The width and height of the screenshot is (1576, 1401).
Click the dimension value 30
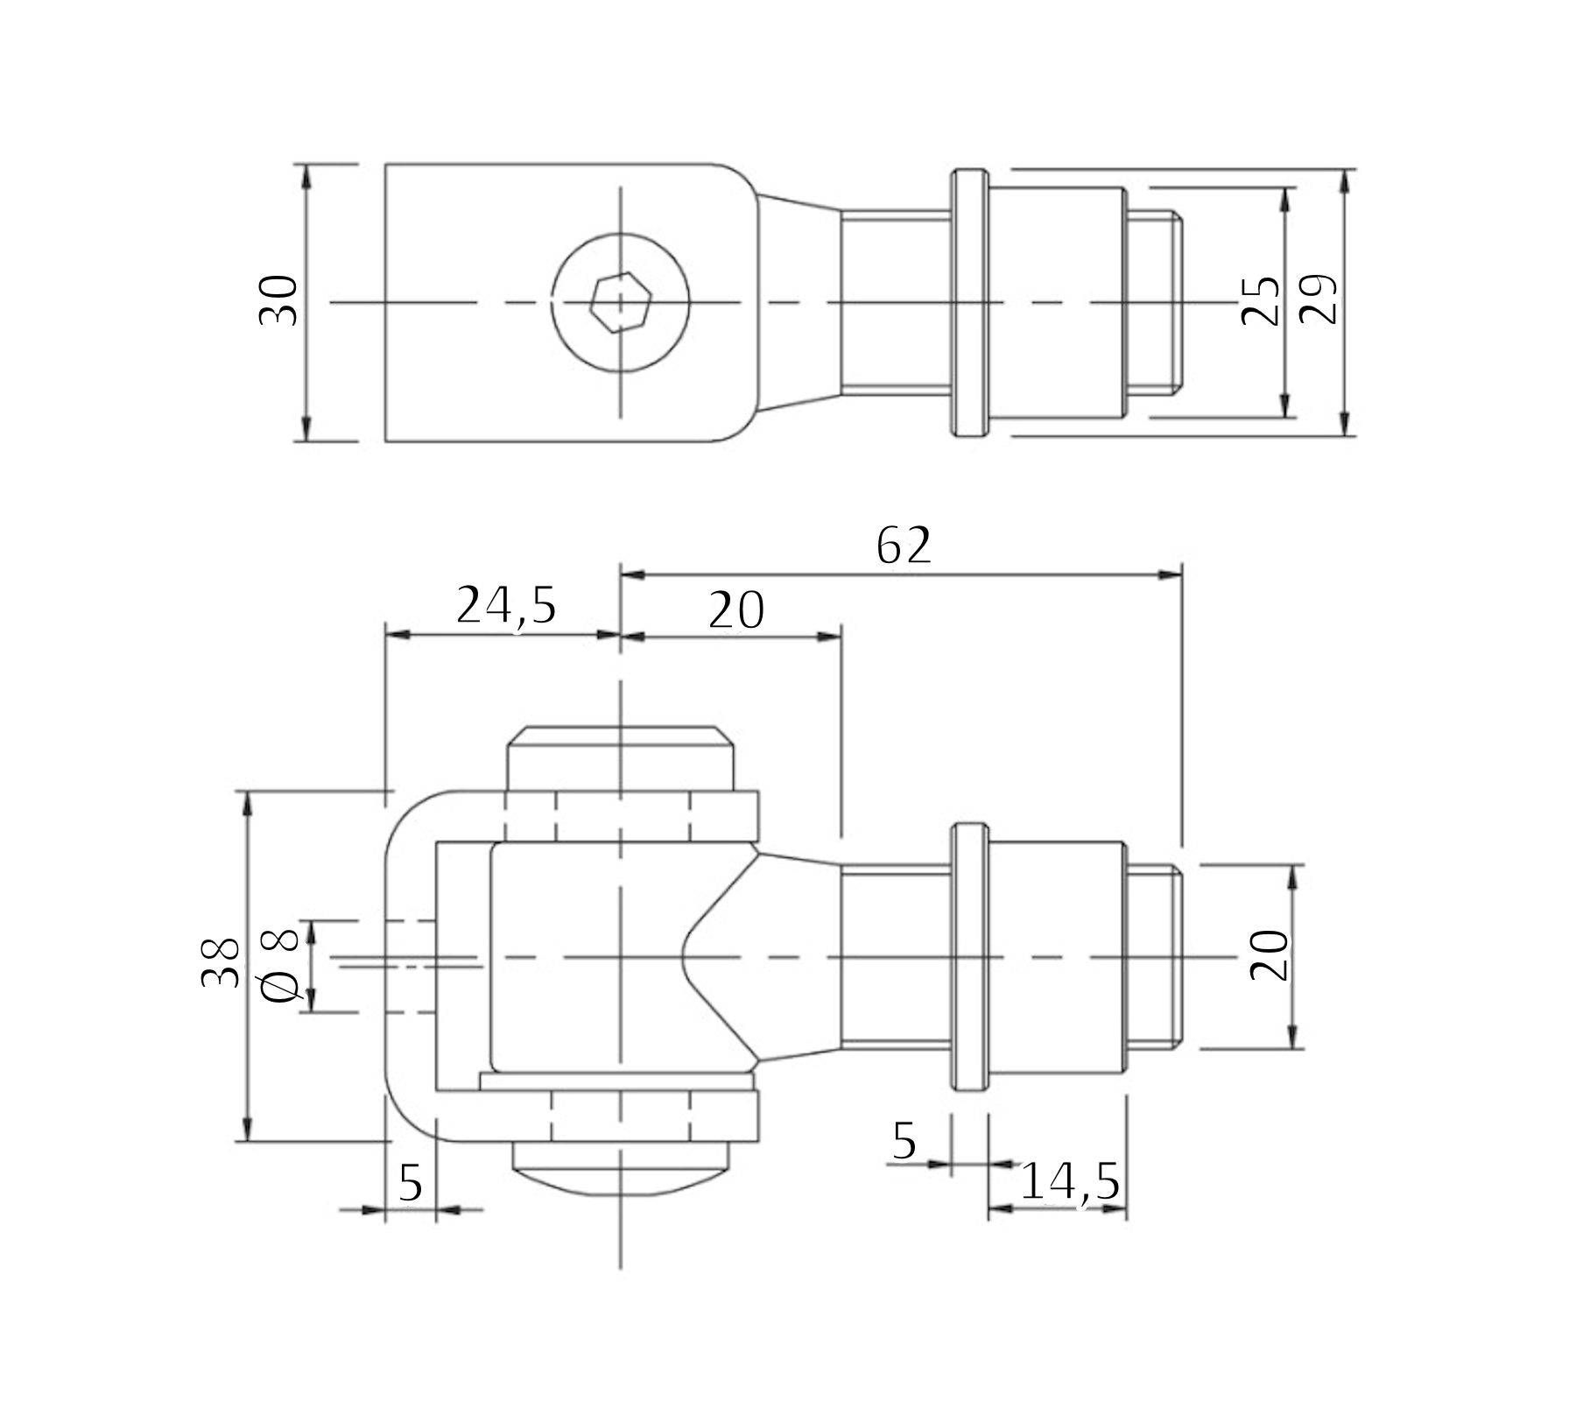(279, 301)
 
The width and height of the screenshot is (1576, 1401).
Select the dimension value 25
(1261, 301)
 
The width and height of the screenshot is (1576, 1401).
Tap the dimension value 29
(1318, 301)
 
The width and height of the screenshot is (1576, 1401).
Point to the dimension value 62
(904, 546)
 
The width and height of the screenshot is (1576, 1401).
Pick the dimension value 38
(220, 963)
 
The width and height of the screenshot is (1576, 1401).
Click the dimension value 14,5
(1070, 1183)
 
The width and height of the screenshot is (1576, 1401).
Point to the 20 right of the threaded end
(1270, 955)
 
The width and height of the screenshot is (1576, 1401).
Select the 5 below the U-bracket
(411, 1183)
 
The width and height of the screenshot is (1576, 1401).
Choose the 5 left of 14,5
(904, 1141)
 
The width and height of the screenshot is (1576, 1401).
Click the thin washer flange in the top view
(968, 302)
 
